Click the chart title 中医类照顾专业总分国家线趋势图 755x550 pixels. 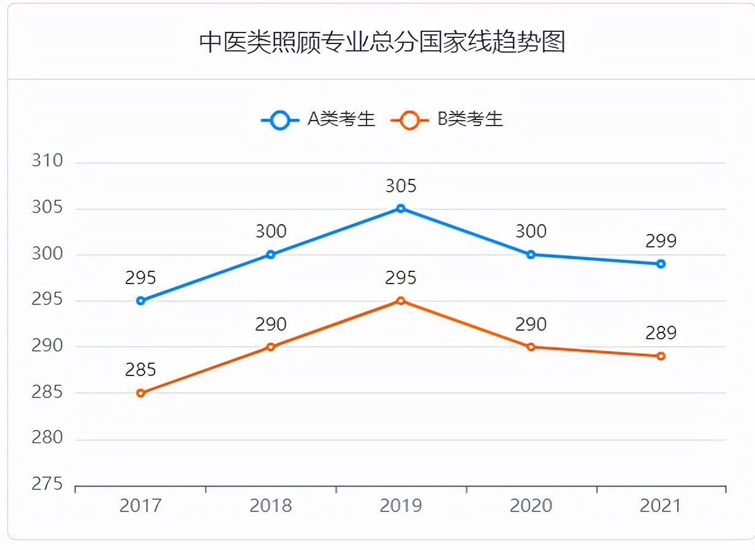click(x=381, y=43)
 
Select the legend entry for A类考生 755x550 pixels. click(x=318, y=119)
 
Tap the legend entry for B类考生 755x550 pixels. click(x=447, y=119)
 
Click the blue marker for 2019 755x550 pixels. click(x=401, y=209)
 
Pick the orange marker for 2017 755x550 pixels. click(x=141, y=393)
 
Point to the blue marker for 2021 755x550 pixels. click(x=661, y=264)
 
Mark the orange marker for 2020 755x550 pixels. click(x=531, y=347)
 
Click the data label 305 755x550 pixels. click(x=401, y=186)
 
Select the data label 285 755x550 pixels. click(x=141, y=370)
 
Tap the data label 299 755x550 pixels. click(x=661, y=241)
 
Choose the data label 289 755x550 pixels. click(x=661, y=333)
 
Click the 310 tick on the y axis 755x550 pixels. click(x=47, y=161)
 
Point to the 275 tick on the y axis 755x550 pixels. click(x=47, y=484)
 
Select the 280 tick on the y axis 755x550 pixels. click(x=47, y=438)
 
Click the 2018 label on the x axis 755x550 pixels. click(x=271, y=506)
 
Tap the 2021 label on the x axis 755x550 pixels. click(x=661, y=506)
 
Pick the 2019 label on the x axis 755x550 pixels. click(x=401, y=506)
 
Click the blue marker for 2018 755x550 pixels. click(x=271, y=255)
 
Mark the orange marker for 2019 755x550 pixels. click(x=401, y=301)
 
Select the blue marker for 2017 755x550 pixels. click(x=141, y=301)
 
